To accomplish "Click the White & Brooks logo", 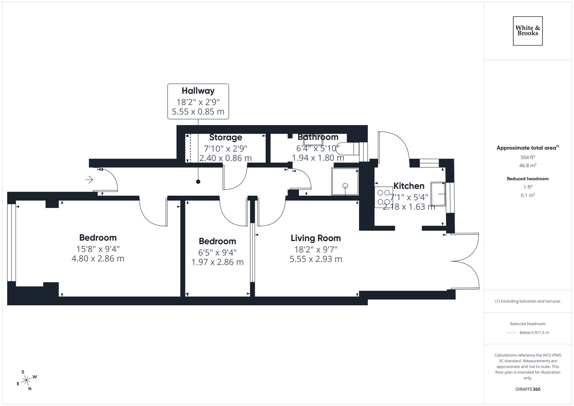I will point(528,31).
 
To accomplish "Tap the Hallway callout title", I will point(198,91).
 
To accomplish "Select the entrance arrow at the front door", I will point(89,180).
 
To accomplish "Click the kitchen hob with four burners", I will point(384,197).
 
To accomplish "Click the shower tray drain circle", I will point(345,186).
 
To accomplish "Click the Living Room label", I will point(316,238).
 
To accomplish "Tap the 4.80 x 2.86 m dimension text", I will point(98,259).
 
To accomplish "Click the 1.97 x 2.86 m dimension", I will point(217,262).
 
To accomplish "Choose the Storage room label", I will point(226,137).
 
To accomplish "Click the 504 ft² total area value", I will point(528,157).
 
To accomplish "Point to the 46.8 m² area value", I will point(528,166).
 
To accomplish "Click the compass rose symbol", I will point(26,380).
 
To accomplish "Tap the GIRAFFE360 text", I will point(528,389).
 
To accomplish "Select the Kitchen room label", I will point(409,186).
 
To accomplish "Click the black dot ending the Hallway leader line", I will point(198,182).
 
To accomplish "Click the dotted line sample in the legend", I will point(511,333).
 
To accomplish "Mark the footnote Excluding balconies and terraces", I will point(528,301).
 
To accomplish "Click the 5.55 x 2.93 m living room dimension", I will point(316,259).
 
